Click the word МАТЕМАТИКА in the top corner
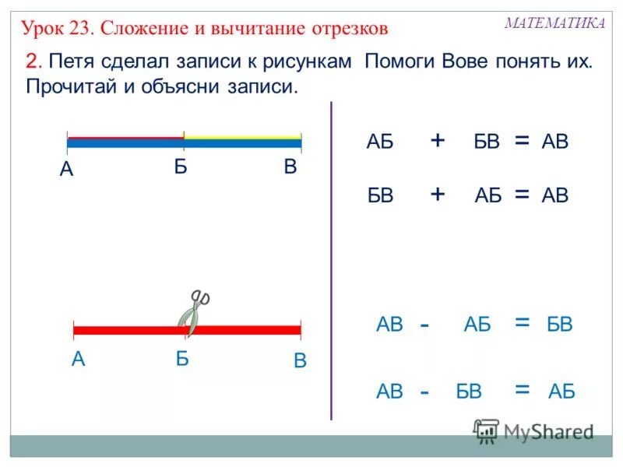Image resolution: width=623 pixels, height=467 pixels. pos(554,23)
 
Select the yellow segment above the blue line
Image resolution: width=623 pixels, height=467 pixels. pos(242,137)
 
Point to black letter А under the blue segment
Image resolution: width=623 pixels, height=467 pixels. pos(66,170)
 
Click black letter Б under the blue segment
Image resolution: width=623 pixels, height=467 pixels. pos(181,167)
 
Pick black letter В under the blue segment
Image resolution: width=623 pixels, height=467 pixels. pos(290,167)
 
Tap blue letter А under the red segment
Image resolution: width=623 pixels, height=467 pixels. pos(78,359)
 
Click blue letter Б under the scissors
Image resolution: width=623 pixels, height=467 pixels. pos(183,359)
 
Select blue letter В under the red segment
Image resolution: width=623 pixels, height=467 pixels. pos(300,362)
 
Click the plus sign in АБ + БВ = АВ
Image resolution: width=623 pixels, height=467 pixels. pos(438,140)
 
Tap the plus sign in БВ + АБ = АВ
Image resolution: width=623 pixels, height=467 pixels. pos(438,195)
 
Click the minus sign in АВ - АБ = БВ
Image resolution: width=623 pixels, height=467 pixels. pos(424,325)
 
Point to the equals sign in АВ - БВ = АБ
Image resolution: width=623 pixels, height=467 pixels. pos(522,390)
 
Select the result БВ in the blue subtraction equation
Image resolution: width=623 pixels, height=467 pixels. pos(560,325)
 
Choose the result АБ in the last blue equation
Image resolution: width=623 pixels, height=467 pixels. pos(561,392)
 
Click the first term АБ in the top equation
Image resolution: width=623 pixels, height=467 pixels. pos(380,142)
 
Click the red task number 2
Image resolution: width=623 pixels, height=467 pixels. pos(32,61)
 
